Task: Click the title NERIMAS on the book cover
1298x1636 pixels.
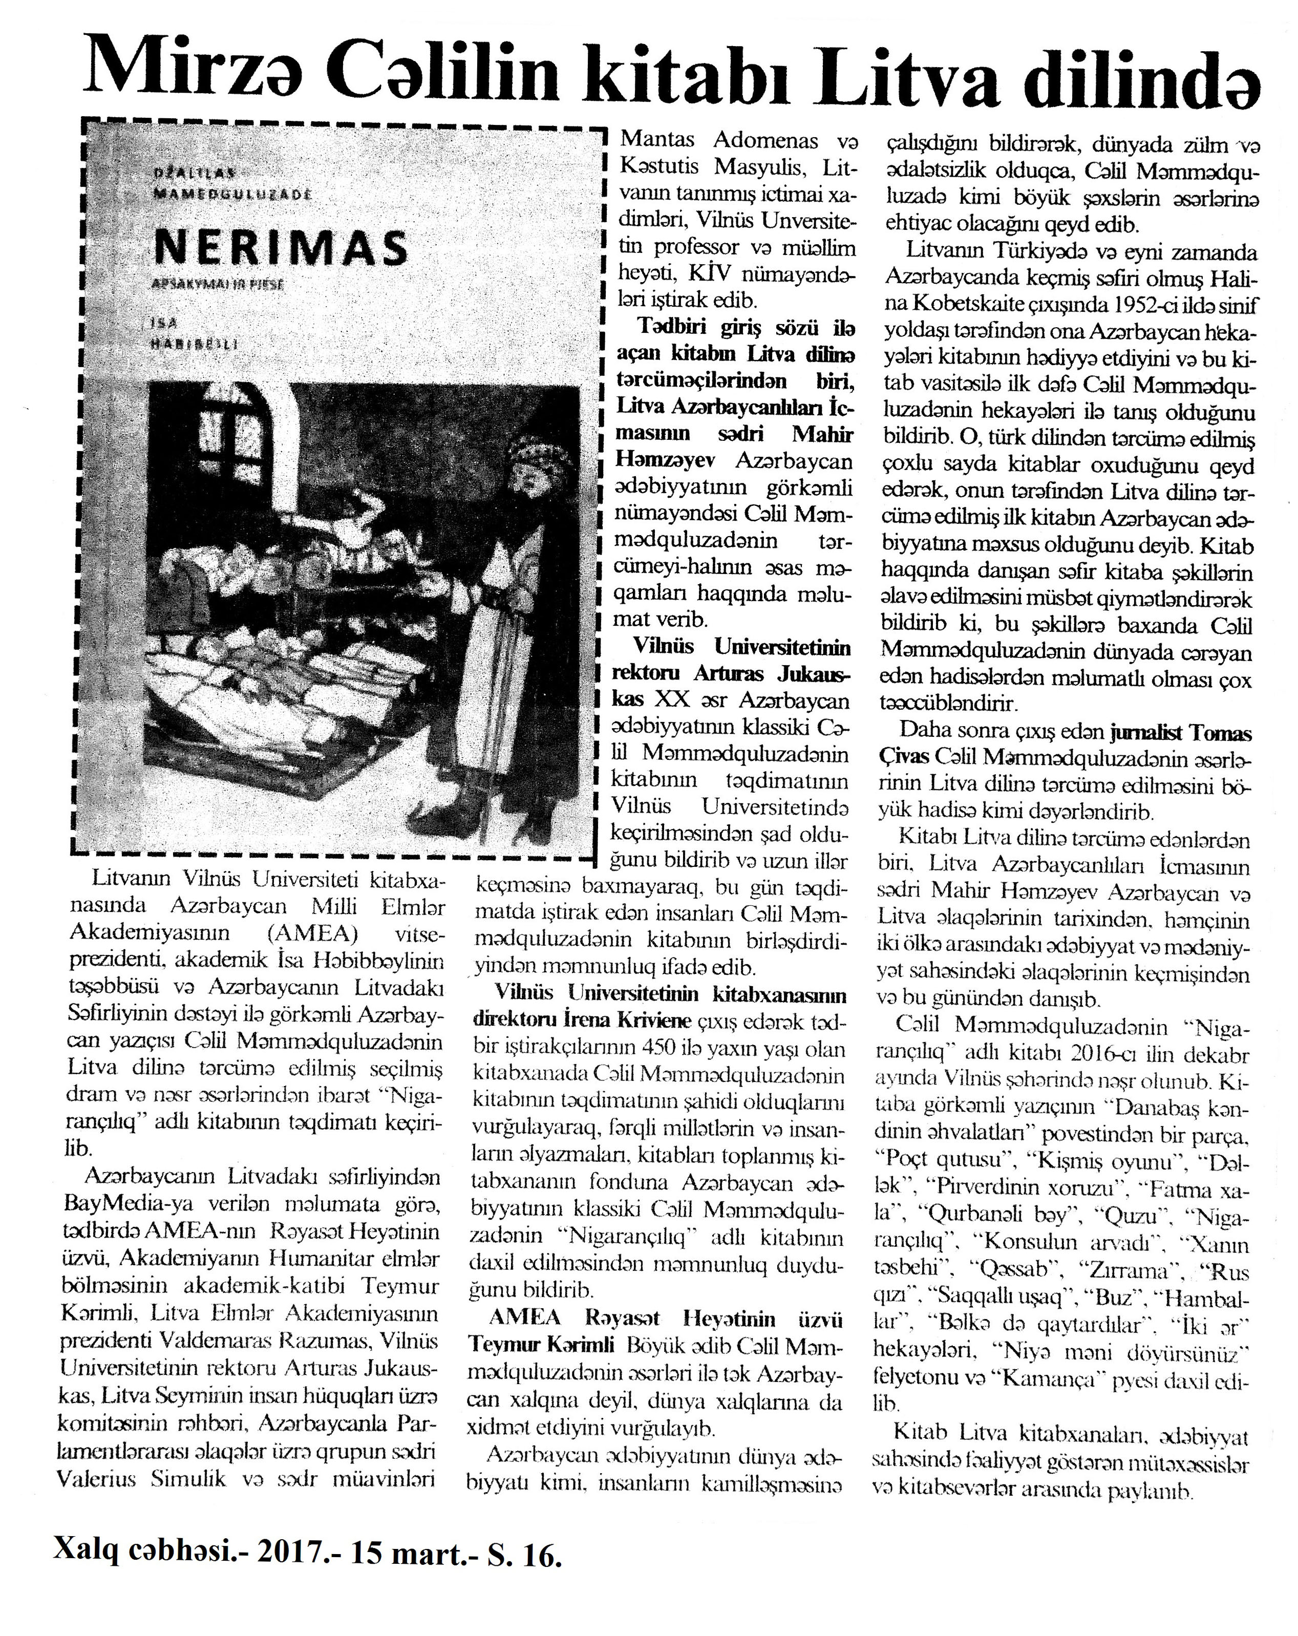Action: [x=281, y=247]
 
